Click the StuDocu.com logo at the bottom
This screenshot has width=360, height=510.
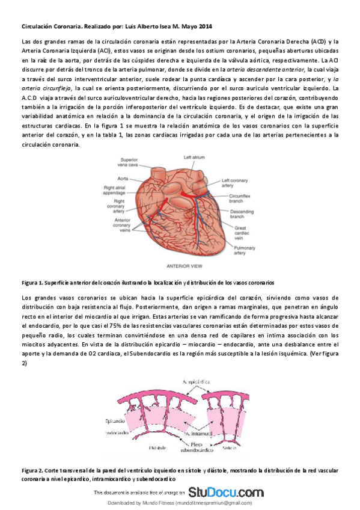(226, 492)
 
